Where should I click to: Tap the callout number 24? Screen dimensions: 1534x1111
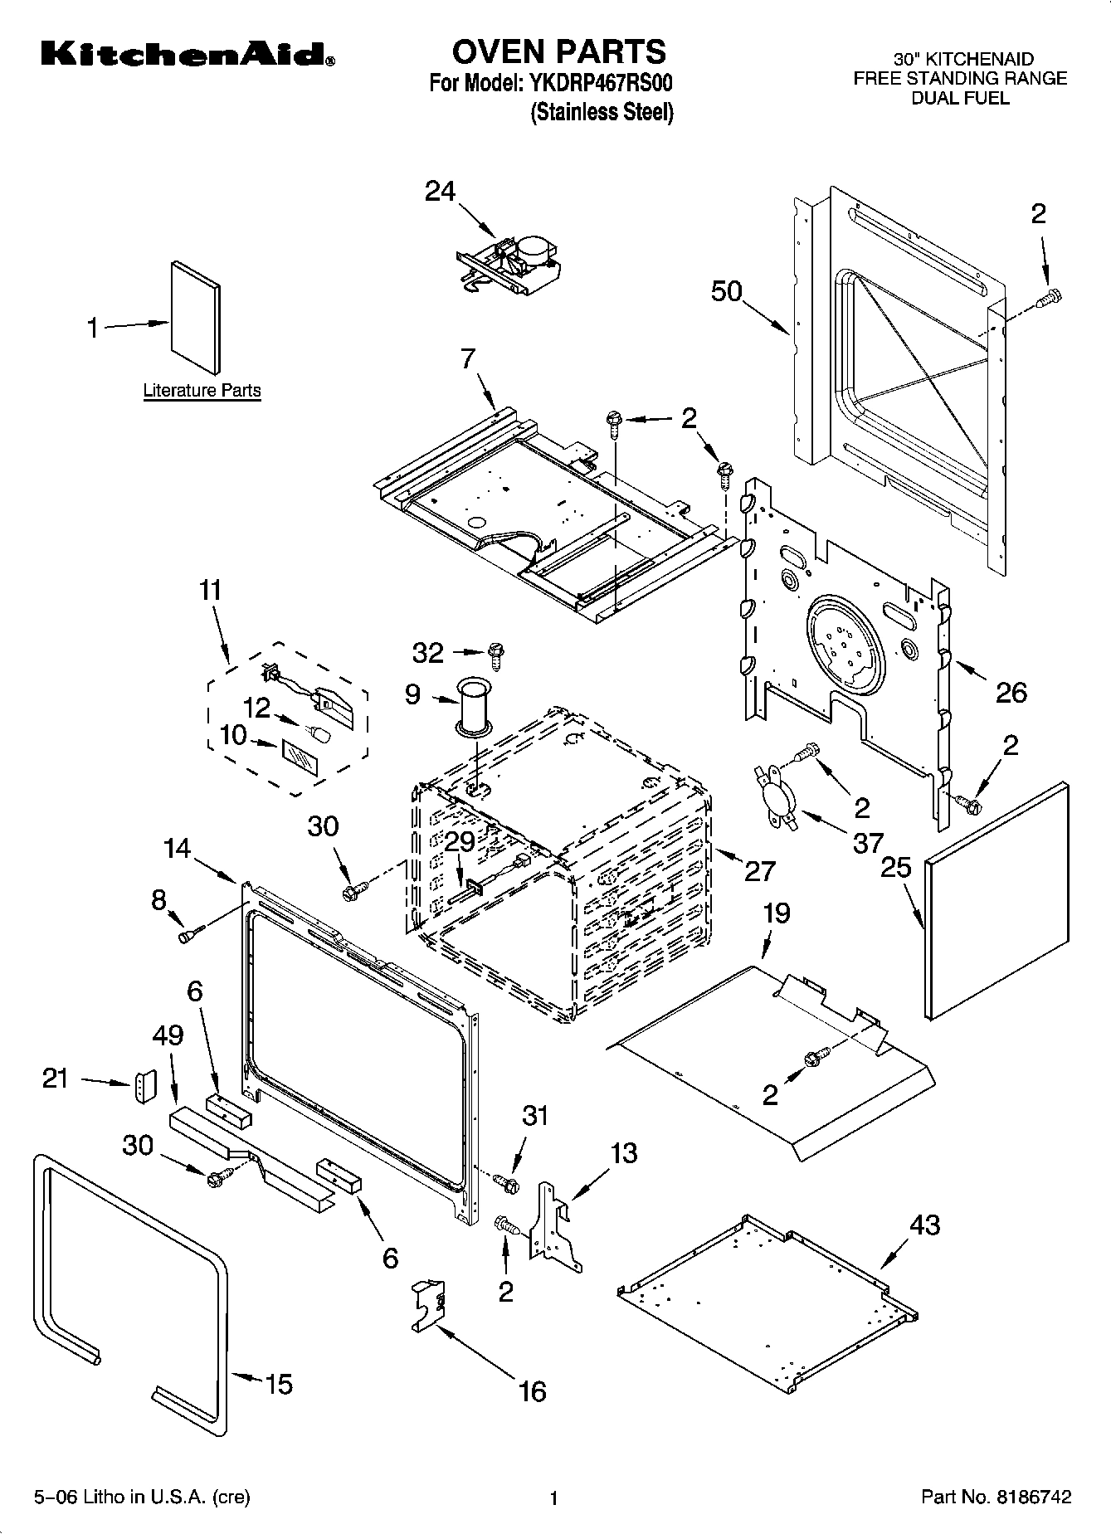tap(440, 191)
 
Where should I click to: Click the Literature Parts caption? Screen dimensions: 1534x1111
tap(202, 390)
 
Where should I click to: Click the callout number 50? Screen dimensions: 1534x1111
tap(727, 292)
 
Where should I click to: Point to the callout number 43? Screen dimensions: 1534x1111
tap(924, 1225)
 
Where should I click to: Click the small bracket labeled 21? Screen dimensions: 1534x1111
tap(145, 1087)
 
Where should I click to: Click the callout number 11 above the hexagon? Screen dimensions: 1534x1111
tap(211, 591)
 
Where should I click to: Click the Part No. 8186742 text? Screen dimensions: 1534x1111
tap(996, 1497)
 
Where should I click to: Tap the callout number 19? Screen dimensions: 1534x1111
tap(776, 913)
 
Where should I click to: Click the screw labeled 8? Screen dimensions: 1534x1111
tap(187, 936)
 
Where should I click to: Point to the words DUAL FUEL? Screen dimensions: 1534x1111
tap(960, 98)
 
